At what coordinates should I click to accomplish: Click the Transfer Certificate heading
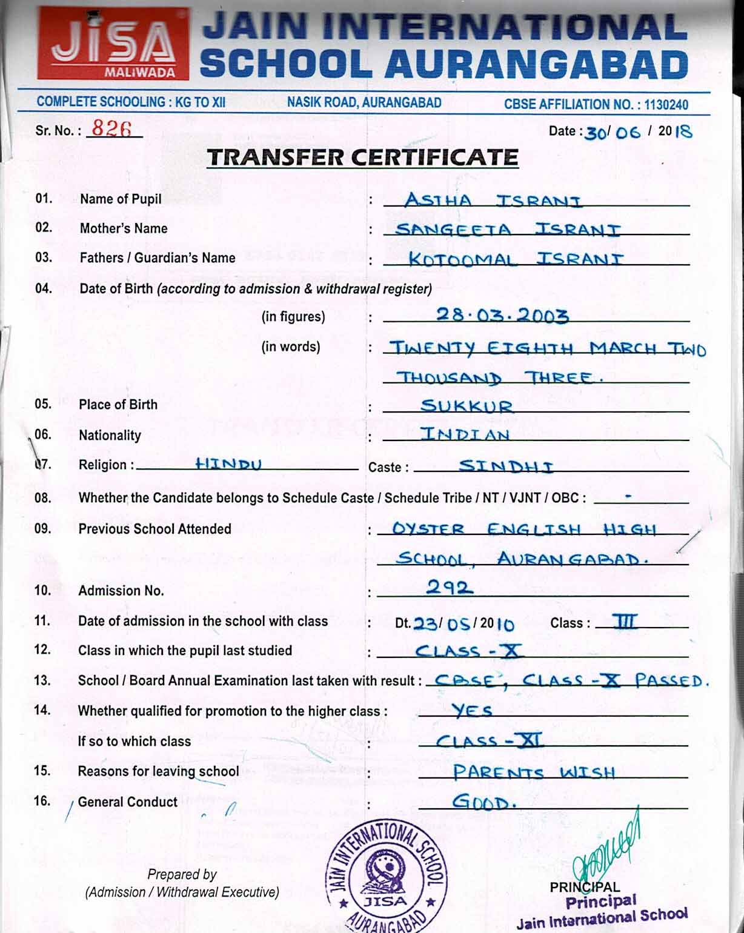click(x=362, y=158)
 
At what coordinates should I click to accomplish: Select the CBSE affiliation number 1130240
click(x=665, y=104)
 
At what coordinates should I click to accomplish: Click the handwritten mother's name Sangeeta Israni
click(x=507, y=230)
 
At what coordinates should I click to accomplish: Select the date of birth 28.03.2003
click(x=502, y=315)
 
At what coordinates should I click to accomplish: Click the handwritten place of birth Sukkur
click(x=467, y=405)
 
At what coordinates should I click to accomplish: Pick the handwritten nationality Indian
click(x=465, y=434)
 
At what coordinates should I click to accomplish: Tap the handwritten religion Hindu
click(x=228, y=464)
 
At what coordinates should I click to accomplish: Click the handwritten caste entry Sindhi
click(x=506, y=466)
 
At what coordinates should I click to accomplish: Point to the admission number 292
click(x=449, y=586)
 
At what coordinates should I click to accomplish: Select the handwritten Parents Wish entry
click(x=534, y=772)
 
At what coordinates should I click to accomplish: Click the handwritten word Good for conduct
click(x=483, y=802)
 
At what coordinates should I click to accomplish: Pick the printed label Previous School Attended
click(x=154, y=529)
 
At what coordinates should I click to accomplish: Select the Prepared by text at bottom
click(x=182, y=874)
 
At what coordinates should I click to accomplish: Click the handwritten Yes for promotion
click(x=472, y=710)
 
